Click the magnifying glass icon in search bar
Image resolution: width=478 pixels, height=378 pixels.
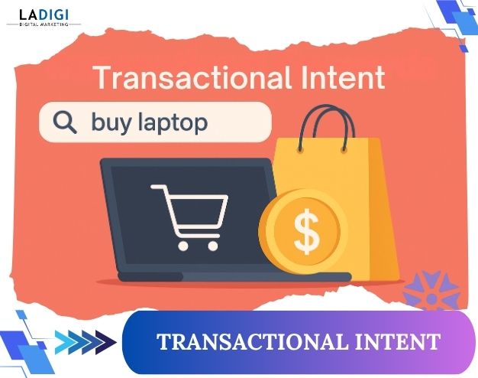(x=65, y=121)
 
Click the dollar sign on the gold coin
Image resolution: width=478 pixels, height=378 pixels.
(x=305, y=233)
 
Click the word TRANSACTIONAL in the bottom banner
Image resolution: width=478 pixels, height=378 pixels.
(x=244, y=342)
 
